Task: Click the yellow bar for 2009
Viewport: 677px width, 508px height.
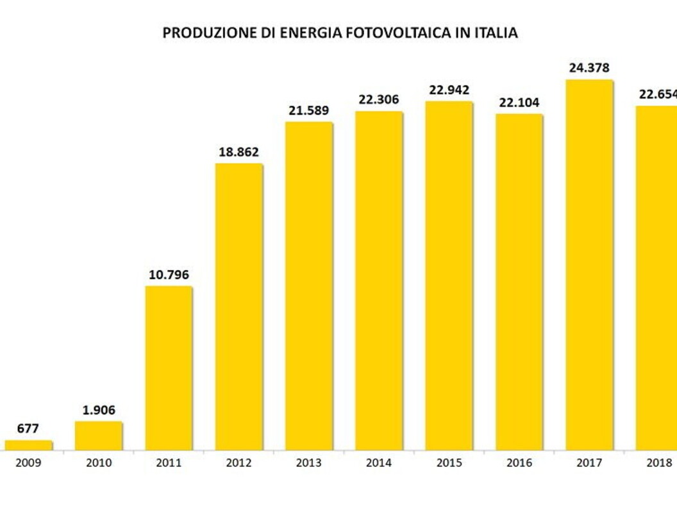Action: [x=28, y=445]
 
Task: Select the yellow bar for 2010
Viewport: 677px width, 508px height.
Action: [x=99, y=436]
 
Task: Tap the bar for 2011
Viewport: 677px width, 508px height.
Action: [x=169, y=368]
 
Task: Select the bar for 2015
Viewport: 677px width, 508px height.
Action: [x=449, y=276]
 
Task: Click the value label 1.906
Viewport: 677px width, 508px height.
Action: [x=99, y=410]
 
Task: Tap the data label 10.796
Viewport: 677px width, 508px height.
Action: [x=169, y=275]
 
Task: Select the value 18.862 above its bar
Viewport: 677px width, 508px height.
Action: [x=238, y=152]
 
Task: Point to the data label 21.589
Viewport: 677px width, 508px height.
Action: [x=309, y=110]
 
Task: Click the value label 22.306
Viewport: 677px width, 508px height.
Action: [x=379, y=99]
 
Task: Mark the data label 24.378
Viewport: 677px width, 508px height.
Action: [x=589, y=68]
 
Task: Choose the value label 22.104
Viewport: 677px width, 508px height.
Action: [x=519, y=103]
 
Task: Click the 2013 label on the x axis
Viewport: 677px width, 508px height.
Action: [x=309, y=463]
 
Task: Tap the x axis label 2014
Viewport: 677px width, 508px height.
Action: [x=379, y=463]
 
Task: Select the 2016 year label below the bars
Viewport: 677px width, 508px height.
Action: [x=519, y=463]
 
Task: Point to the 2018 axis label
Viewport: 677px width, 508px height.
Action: [x=659, y=463]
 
